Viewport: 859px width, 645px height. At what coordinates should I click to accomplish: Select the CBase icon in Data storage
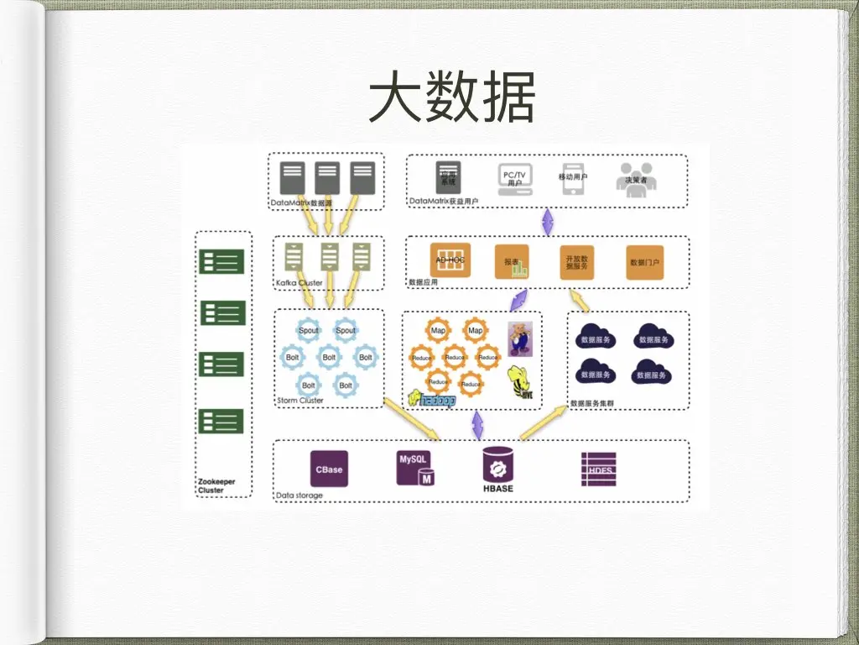pos(329,469)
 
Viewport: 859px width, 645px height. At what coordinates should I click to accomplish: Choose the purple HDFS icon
pos(598,469)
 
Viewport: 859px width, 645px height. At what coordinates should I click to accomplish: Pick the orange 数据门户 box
pos(644,262)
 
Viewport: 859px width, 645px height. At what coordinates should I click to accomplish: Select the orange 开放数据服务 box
pos(577,262)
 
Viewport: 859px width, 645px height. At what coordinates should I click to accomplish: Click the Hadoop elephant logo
pos(432,400)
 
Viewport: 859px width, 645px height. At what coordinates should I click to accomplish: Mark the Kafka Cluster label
pos(299,283)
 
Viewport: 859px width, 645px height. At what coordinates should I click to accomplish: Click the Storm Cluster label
pos(300,401)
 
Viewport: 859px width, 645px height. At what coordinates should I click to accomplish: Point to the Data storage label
pos(299,496)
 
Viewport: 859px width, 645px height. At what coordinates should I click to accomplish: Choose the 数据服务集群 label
pos(592,403)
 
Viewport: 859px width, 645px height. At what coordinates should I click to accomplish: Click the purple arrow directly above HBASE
pos(477,425)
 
